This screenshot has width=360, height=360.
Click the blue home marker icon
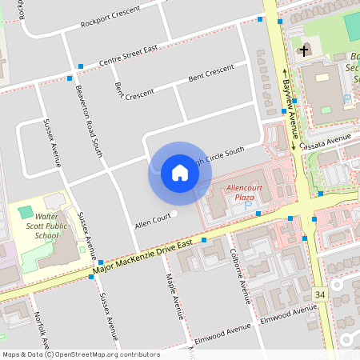tap(180, 173)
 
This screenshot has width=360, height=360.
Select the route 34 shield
tap(320, 295)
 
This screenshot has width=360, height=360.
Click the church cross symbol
tap(304, 52)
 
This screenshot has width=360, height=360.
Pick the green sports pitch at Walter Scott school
tap(26, 213)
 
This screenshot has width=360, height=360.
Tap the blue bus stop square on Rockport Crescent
tap(260, 18)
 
